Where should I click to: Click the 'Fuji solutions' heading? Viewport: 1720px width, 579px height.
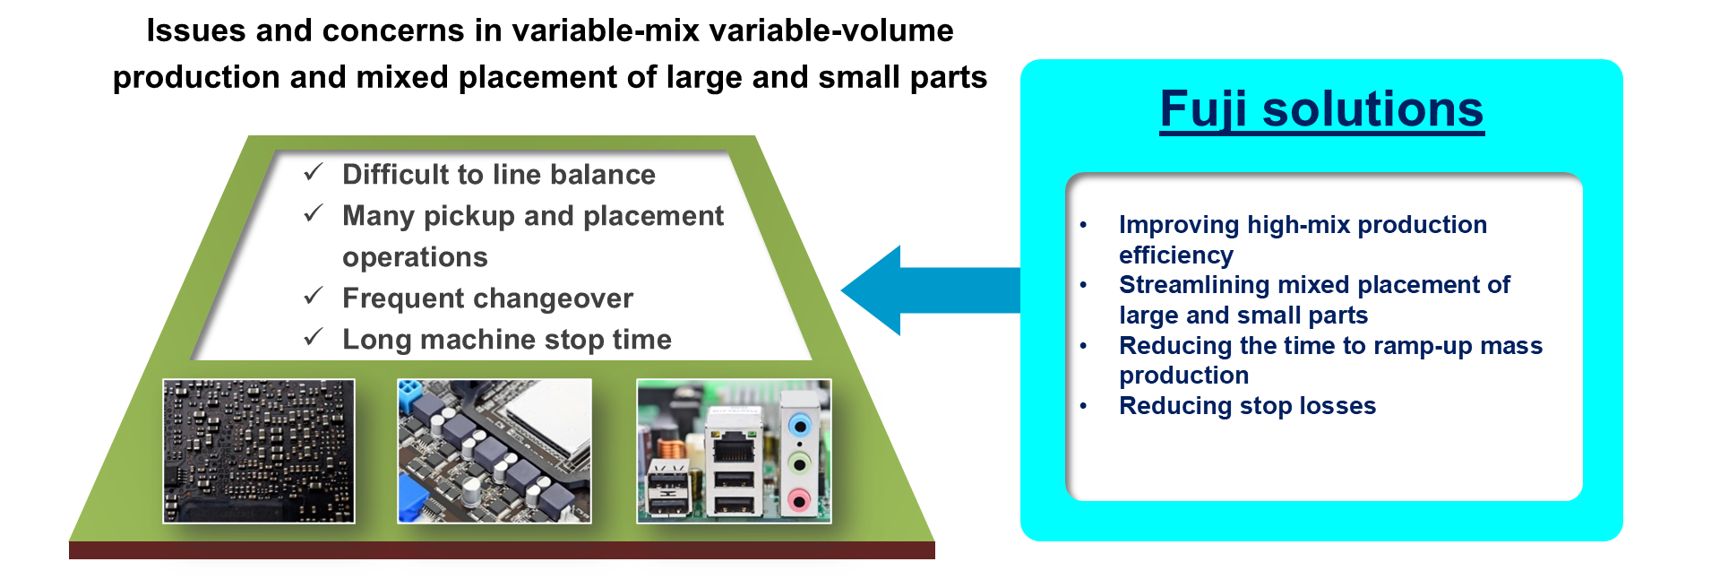[1321, 109]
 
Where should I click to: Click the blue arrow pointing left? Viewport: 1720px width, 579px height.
[930, 290]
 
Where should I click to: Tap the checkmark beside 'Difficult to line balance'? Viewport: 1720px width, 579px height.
[314, 172]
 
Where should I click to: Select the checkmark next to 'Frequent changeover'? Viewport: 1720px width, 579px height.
[314, 296]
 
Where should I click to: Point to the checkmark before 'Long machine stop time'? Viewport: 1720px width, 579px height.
[314, 337]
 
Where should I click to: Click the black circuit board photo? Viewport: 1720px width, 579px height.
[259, 451]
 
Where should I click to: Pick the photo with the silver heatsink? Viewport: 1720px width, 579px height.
[494, 451]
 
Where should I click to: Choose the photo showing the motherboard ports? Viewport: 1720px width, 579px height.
[734, 451]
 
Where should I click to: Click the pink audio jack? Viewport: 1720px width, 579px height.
[799, 498]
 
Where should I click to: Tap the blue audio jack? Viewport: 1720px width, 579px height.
[799, 425]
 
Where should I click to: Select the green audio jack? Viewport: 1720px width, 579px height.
[799, 462]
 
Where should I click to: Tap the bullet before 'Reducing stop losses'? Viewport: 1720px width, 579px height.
[1083, 406]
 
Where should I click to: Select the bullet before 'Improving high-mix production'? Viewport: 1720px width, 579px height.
[1083, 225]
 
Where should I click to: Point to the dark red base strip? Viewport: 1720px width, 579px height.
[502, 550]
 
